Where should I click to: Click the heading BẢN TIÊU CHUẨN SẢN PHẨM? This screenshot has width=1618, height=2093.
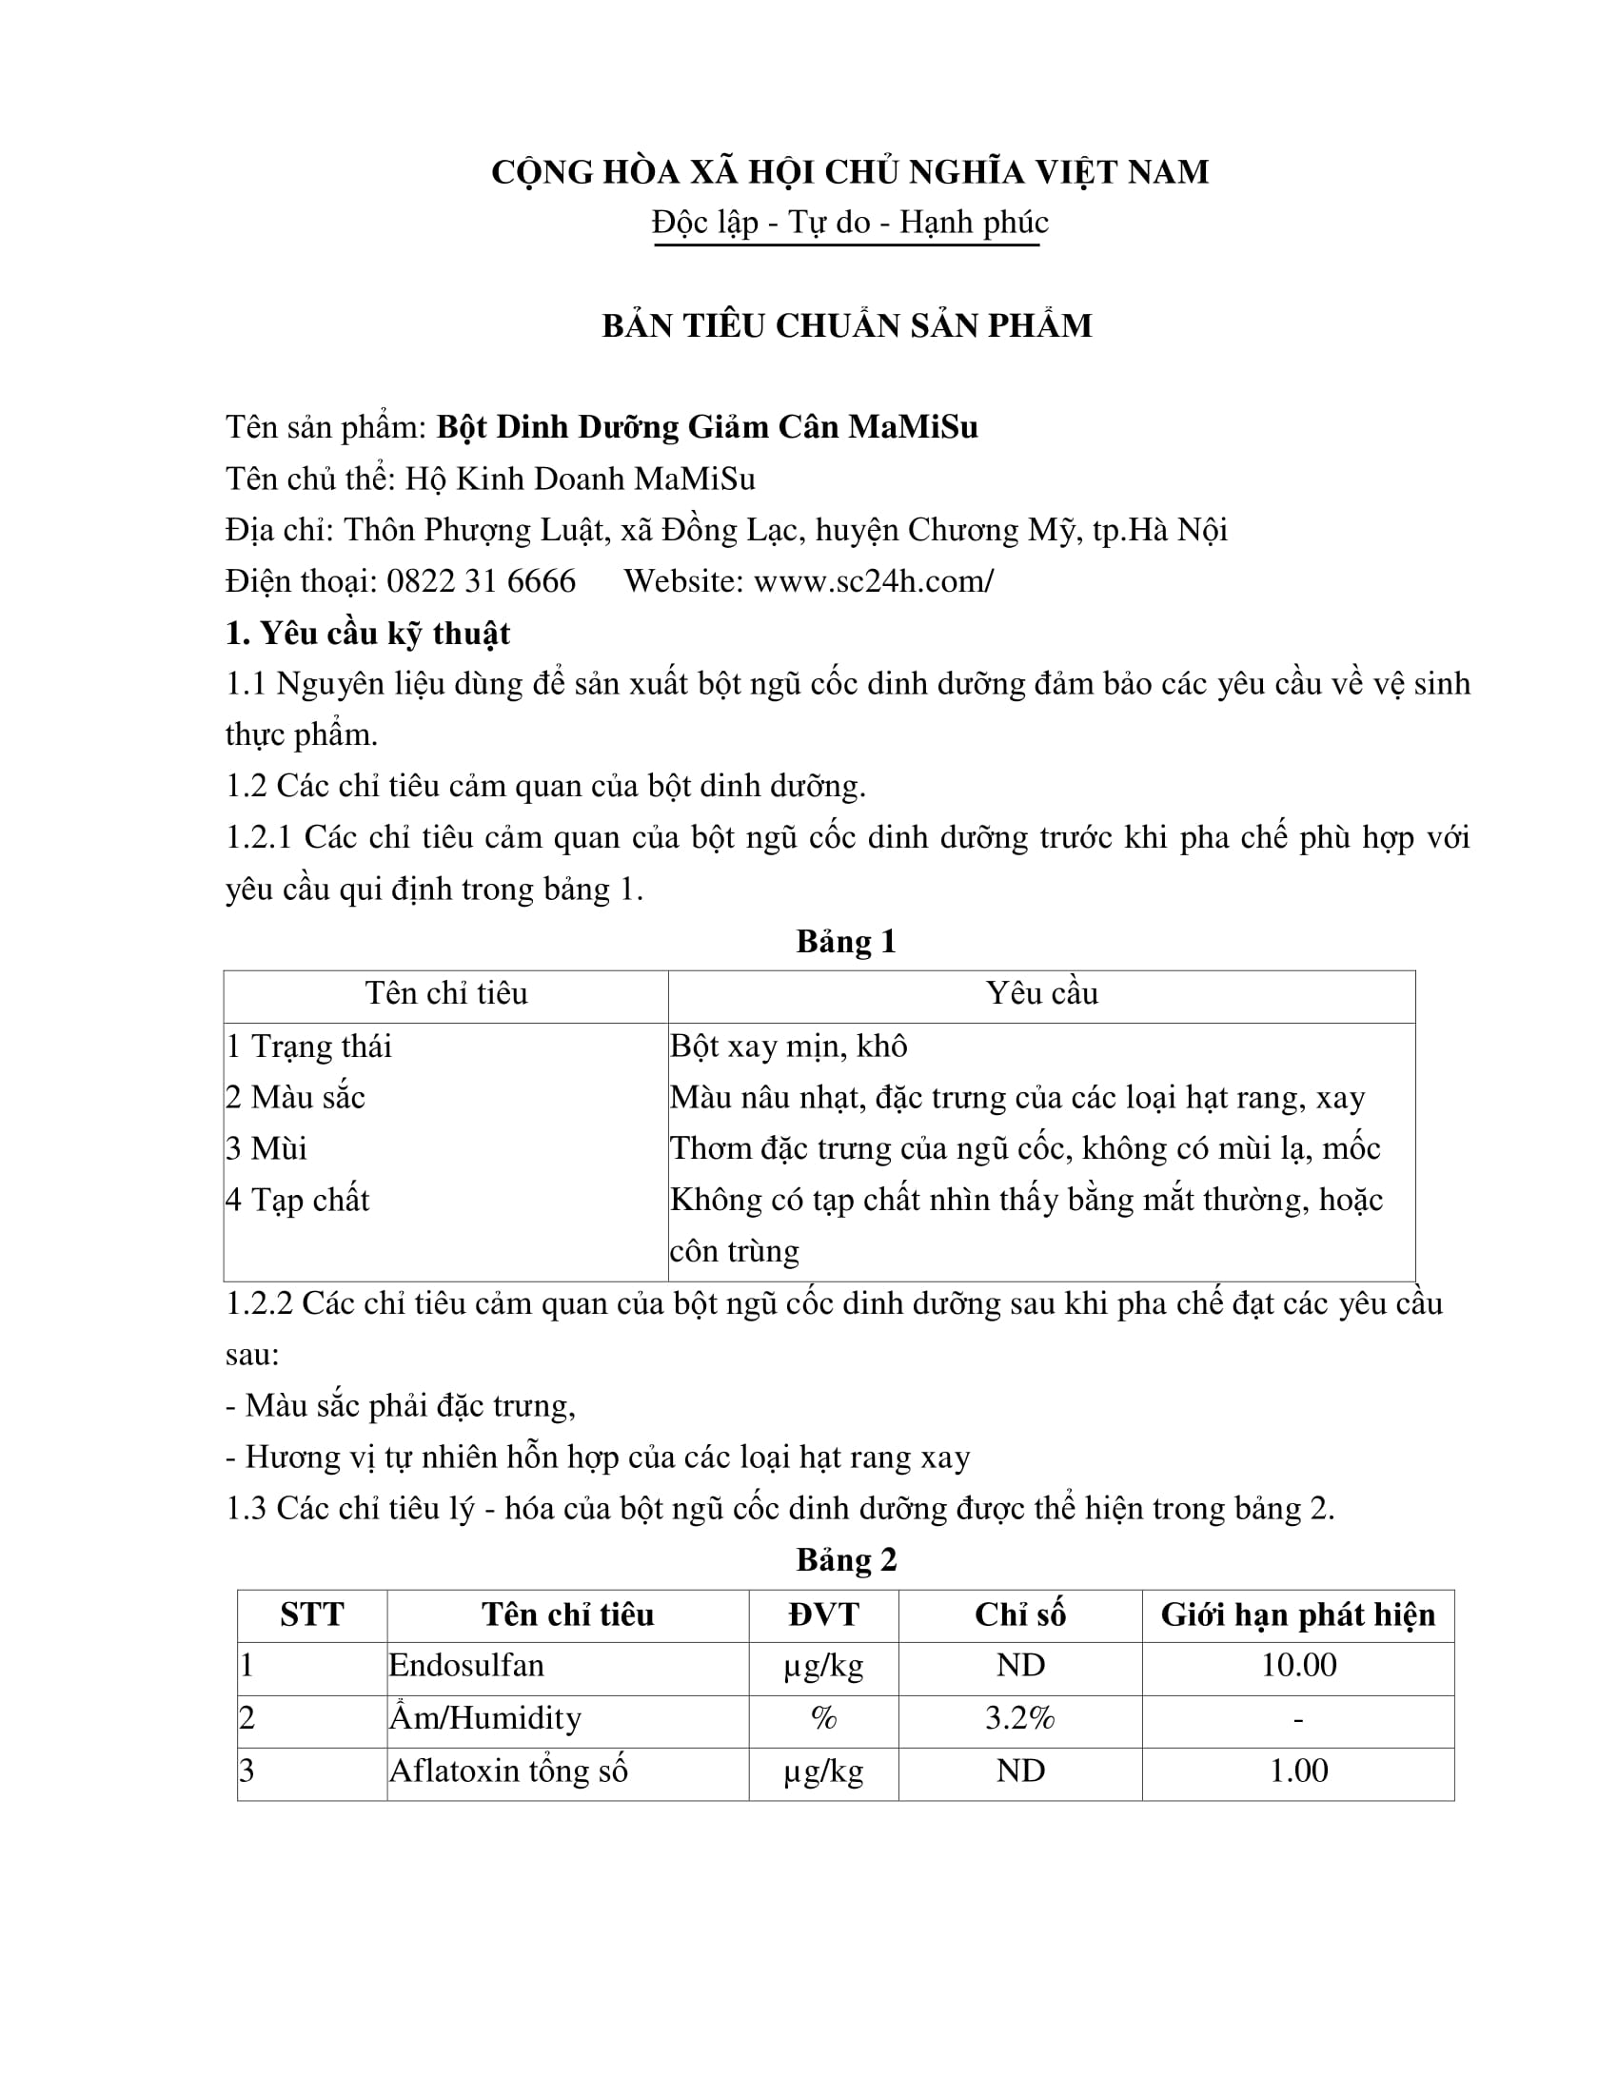tap(846, 325)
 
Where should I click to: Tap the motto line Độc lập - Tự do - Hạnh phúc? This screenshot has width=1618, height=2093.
tap(849, 223)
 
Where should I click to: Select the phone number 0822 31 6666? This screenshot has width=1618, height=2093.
tap(482, 580)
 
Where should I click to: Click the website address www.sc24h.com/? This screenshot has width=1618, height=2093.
tap(873, 580)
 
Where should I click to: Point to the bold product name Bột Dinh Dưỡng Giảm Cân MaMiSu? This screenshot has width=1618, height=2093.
tap(707, 426)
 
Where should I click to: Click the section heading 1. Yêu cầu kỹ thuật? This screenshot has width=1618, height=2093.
tap(367, 633)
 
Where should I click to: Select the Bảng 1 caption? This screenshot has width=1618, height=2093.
tap(846, 941)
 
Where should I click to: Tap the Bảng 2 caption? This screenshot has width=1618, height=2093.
tap(846, 1559)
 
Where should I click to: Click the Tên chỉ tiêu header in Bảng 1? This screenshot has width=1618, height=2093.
tap(445, 993)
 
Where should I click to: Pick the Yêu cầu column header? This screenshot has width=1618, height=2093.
tap(1042, 993)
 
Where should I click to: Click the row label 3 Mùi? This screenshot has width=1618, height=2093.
tap(266, 1148)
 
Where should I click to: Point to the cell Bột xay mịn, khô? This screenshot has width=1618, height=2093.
tap(788, 1046)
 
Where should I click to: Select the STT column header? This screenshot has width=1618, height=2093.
tap(311, 1614)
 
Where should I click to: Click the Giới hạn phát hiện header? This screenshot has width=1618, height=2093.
tap(1298, 1614)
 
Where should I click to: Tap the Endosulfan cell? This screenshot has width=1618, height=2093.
tap(465, 1666)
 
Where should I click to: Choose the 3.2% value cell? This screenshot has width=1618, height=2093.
tap(1020, 1717)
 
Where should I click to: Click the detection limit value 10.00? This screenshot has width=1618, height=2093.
tap(1298, 1666)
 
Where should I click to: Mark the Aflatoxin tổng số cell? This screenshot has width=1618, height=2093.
tap(508, 1770)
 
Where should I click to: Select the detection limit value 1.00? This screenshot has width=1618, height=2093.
tap(1298, 1770)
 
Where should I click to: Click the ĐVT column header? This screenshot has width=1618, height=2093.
tap(823, 1614)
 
